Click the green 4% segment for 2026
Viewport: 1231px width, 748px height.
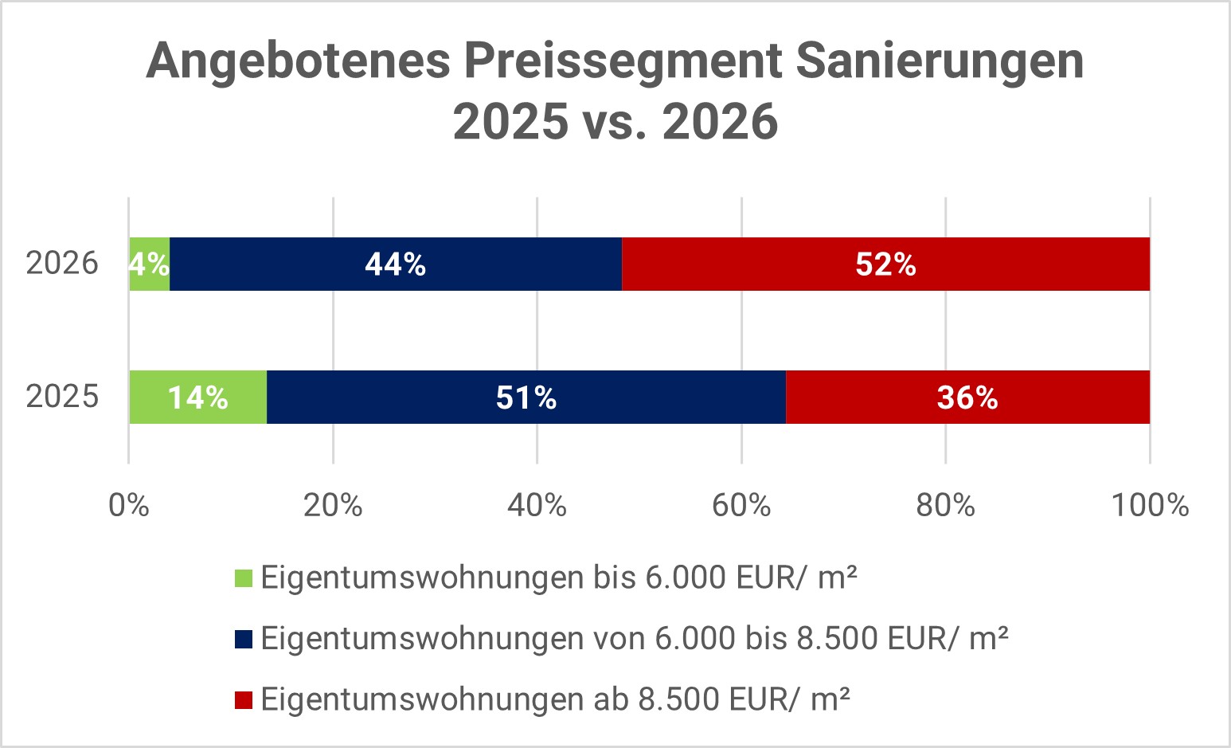[149, 264]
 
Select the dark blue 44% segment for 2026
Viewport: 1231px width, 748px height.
[395, 264]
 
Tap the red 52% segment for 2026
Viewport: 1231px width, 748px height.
[885, 264]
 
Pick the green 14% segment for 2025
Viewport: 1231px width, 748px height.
[197, 397]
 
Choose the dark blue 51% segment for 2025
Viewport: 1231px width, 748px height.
[526, 397]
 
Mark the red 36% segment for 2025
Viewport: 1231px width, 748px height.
[967, 397]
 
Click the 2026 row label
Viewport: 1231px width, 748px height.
[62, 263]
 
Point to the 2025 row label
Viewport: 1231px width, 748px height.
[62, 396]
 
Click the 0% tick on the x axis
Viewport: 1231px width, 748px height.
[129, 505]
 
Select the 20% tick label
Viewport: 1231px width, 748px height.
[333, 505]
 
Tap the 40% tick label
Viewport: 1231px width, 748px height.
[537, 505]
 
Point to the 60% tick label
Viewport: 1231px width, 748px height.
[741, 505]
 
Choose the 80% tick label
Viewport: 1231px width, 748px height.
[945, 505]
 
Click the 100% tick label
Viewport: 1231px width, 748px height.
[1150, 505]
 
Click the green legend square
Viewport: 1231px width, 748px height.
[244, 578]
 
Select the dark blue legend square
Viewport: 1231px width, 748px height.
[244, 639]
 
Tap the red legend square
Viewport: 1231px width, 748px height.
[244, 699]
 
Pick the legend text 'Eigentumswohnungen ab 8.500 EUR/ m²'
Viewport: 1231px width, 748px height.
[555, 699]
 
